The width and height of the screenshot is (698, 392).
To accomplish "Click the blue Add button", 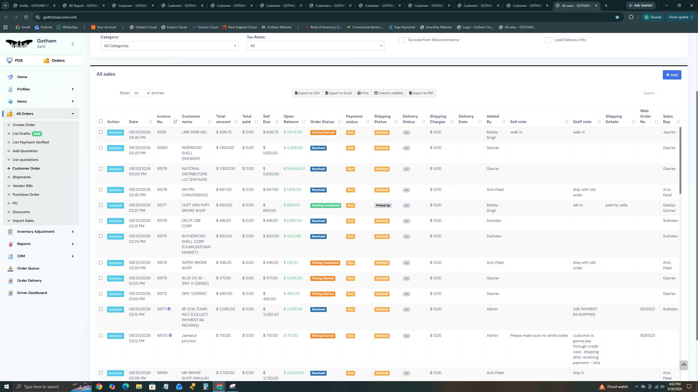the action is [x=672, y=75].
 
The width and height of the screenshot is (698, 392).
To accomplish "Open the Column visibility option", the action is [x=389, y=93].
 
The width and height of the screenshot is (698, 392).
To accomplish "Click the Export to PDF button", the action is [x=421, y=93].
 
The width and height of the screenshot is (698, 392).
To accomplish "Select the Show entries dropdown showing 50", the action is [x=140, y=93].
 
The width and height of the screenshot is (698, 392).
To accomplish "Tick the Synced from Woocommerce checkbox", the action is [x=401, y=40].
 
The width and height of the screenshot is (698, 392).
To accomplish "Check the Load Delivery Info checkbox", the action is [x=547, y=40].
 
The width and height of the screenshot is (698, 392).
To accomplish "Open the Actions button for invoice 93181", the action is [x=116, y=133].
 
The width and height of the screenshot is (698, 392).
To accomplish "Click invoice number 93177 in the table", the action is [x=162, y=205].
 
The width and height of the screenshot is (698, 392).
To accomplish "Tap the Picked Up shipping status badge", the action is [x=383, y=205].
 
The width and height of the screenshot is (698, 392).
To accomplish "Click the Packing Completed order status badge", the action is [x=326, y=205].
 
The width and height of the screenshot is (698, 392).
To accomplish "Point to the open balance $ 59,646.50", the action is [x=294, y=169].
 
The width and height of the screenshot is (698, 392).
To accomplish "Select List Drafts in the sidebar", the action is [x=21, y=134].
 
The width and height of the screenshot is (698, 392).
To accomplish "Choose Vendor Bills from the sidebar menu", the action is [x=23, y=186].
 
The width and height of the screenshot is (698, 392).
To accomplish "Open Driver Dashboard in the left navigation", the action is [x=32, y=293].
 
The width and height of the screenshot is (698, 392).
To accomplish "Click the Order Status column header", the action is [x=322, y=122].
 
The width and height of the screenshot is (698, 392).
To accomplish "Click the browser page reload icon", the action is [x=26, y=17].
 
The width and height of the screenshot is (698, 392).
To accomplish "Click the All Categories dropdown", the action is [x=169, y=46].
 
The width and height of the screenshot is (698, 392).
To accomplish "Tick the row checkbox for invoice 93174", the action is [x=101, y=263].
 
